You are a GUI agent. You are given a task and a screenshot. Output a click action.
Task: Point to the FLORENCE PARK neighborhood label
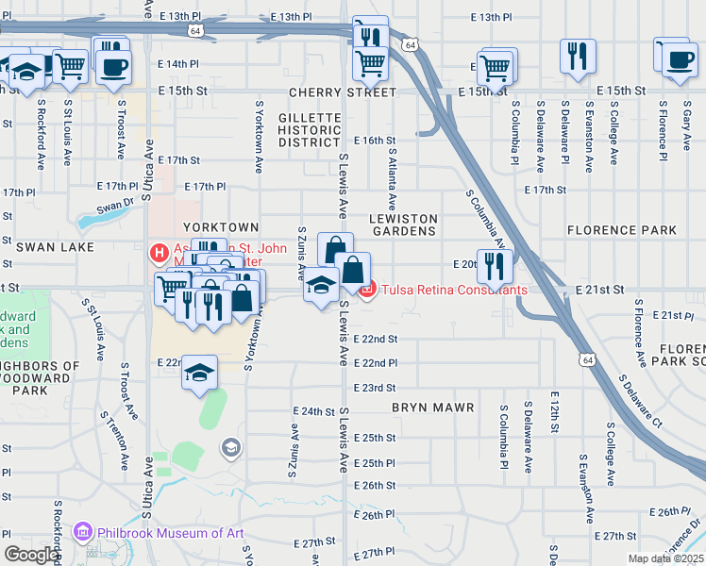[x=621, y=230]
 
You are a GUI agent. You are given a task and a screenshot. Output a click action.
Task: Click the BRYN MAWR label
[x=424, y=408]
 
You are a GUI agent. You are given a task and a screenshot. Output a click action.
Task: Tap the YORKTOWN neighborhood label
[x=220, y=227]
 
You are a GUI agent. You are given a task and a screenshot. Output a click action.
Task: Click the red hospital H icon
[x=159, y=253]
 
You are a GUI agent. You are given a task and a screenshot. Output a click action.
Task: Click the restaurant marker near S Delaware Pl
[x=576, y=56]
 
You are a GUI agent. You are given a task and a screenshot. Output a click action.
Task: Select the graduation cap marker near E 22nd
[x=199, y=374]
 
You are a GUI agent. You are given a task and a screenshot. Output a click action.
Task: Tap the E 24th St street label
[x=314, y=411]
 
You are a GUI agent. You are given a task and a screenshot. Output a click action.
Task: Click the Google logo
[x=31, y=554]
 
